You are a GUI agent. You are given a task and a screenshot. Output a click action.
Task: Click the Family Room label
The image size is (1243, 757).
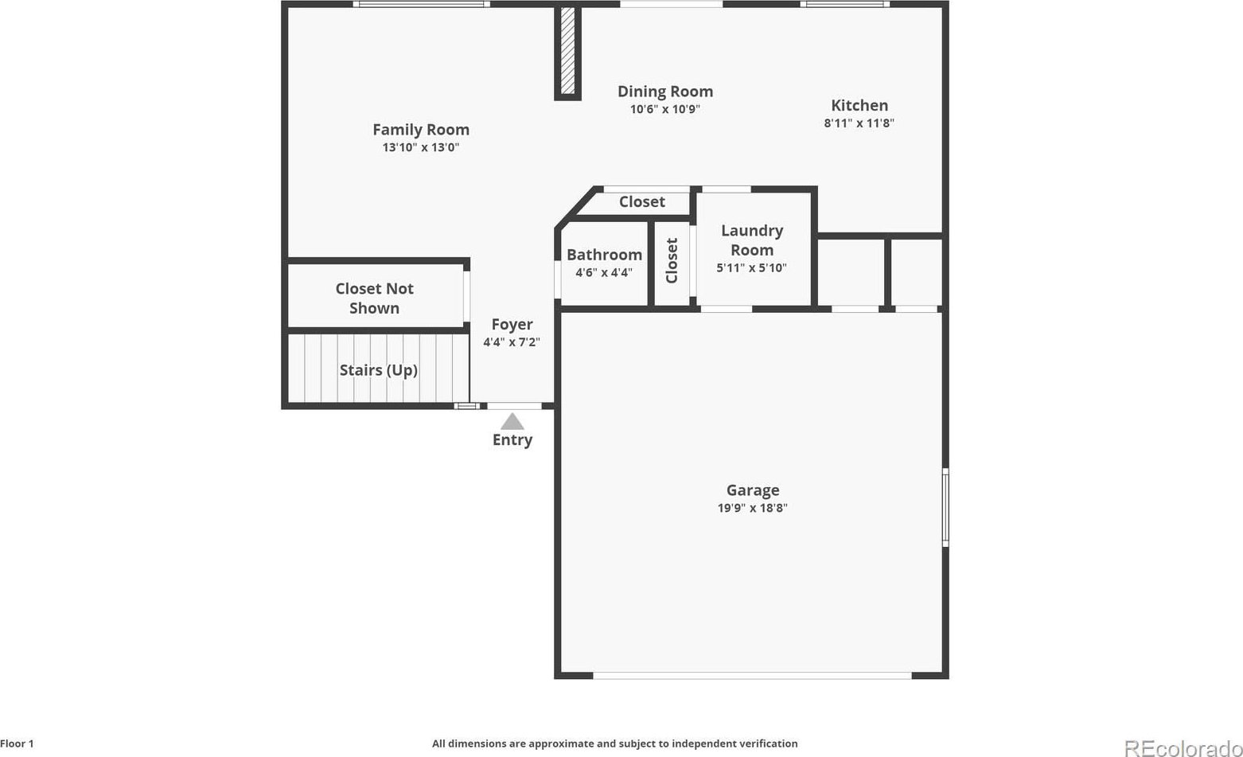click(x=421, y=130)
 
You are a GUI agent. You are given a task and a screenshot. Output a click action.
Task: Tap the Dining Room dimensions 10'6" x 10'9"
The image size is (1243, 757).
click(x=664, y=109)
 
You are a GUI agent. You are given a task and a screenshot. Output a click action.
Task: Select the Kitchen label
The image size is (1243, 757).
click(x=859, y=105)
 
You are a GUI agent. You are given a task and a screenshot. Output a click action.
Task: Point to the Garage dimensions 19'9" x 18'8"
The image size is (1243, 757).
click(x=753, y=508)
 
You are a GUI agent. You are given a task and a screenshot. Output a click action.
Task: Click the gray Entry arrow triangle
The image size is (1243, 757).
click(x=512, y=422)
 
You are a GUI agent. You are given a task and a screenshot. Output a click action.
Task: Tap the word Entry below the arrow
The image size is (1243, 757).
click(x=512, y=440)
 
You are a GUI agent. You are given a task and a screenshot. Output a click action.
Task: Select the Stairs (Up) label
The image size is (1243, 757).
click(x=379, y=370)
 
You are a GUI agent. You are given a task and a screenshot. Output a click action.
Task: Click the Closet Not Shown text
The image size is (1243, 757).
click(x=375, y=298)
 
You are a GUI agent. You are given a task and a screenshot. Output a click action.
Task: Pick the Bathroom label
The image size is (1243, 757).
click(x=604, y=255)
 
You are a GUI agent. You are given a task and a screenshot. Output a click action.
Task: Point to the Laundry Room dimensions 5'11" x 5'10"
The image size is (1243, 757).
click(x=751, y=268)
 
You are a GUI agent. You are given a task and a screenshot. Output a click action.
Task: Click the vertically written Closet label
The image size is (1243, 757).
click(x=672, y=261)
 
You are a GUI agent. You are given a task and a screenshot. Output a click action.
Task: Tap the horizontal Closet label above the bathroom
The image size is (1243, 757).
click(x=642, y=201)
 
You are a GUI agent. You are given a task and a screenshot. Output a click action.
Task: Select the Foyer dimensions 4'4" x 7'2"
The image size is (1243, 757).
click(x=512, y=341)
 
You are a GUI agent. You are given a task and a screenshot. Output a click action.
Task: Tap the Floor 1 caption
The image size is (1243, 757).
click(x=18, y=743)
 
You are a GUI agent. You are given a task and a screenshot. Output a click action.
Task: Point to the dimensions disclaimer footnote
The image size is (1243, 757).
click(x=615, y=743)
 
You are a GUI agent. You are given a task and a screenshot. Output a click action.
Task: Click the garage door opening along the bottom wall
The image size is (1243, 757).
click(x=753, y=676)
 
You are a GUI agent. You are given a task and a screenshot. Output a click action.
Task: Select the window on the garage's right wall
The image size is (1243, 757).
click(x=945, y=507)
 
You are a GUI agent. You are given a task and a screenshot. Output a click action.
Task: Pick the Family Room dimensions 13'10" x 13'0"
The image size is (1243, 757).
click(x=421, y=147)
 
